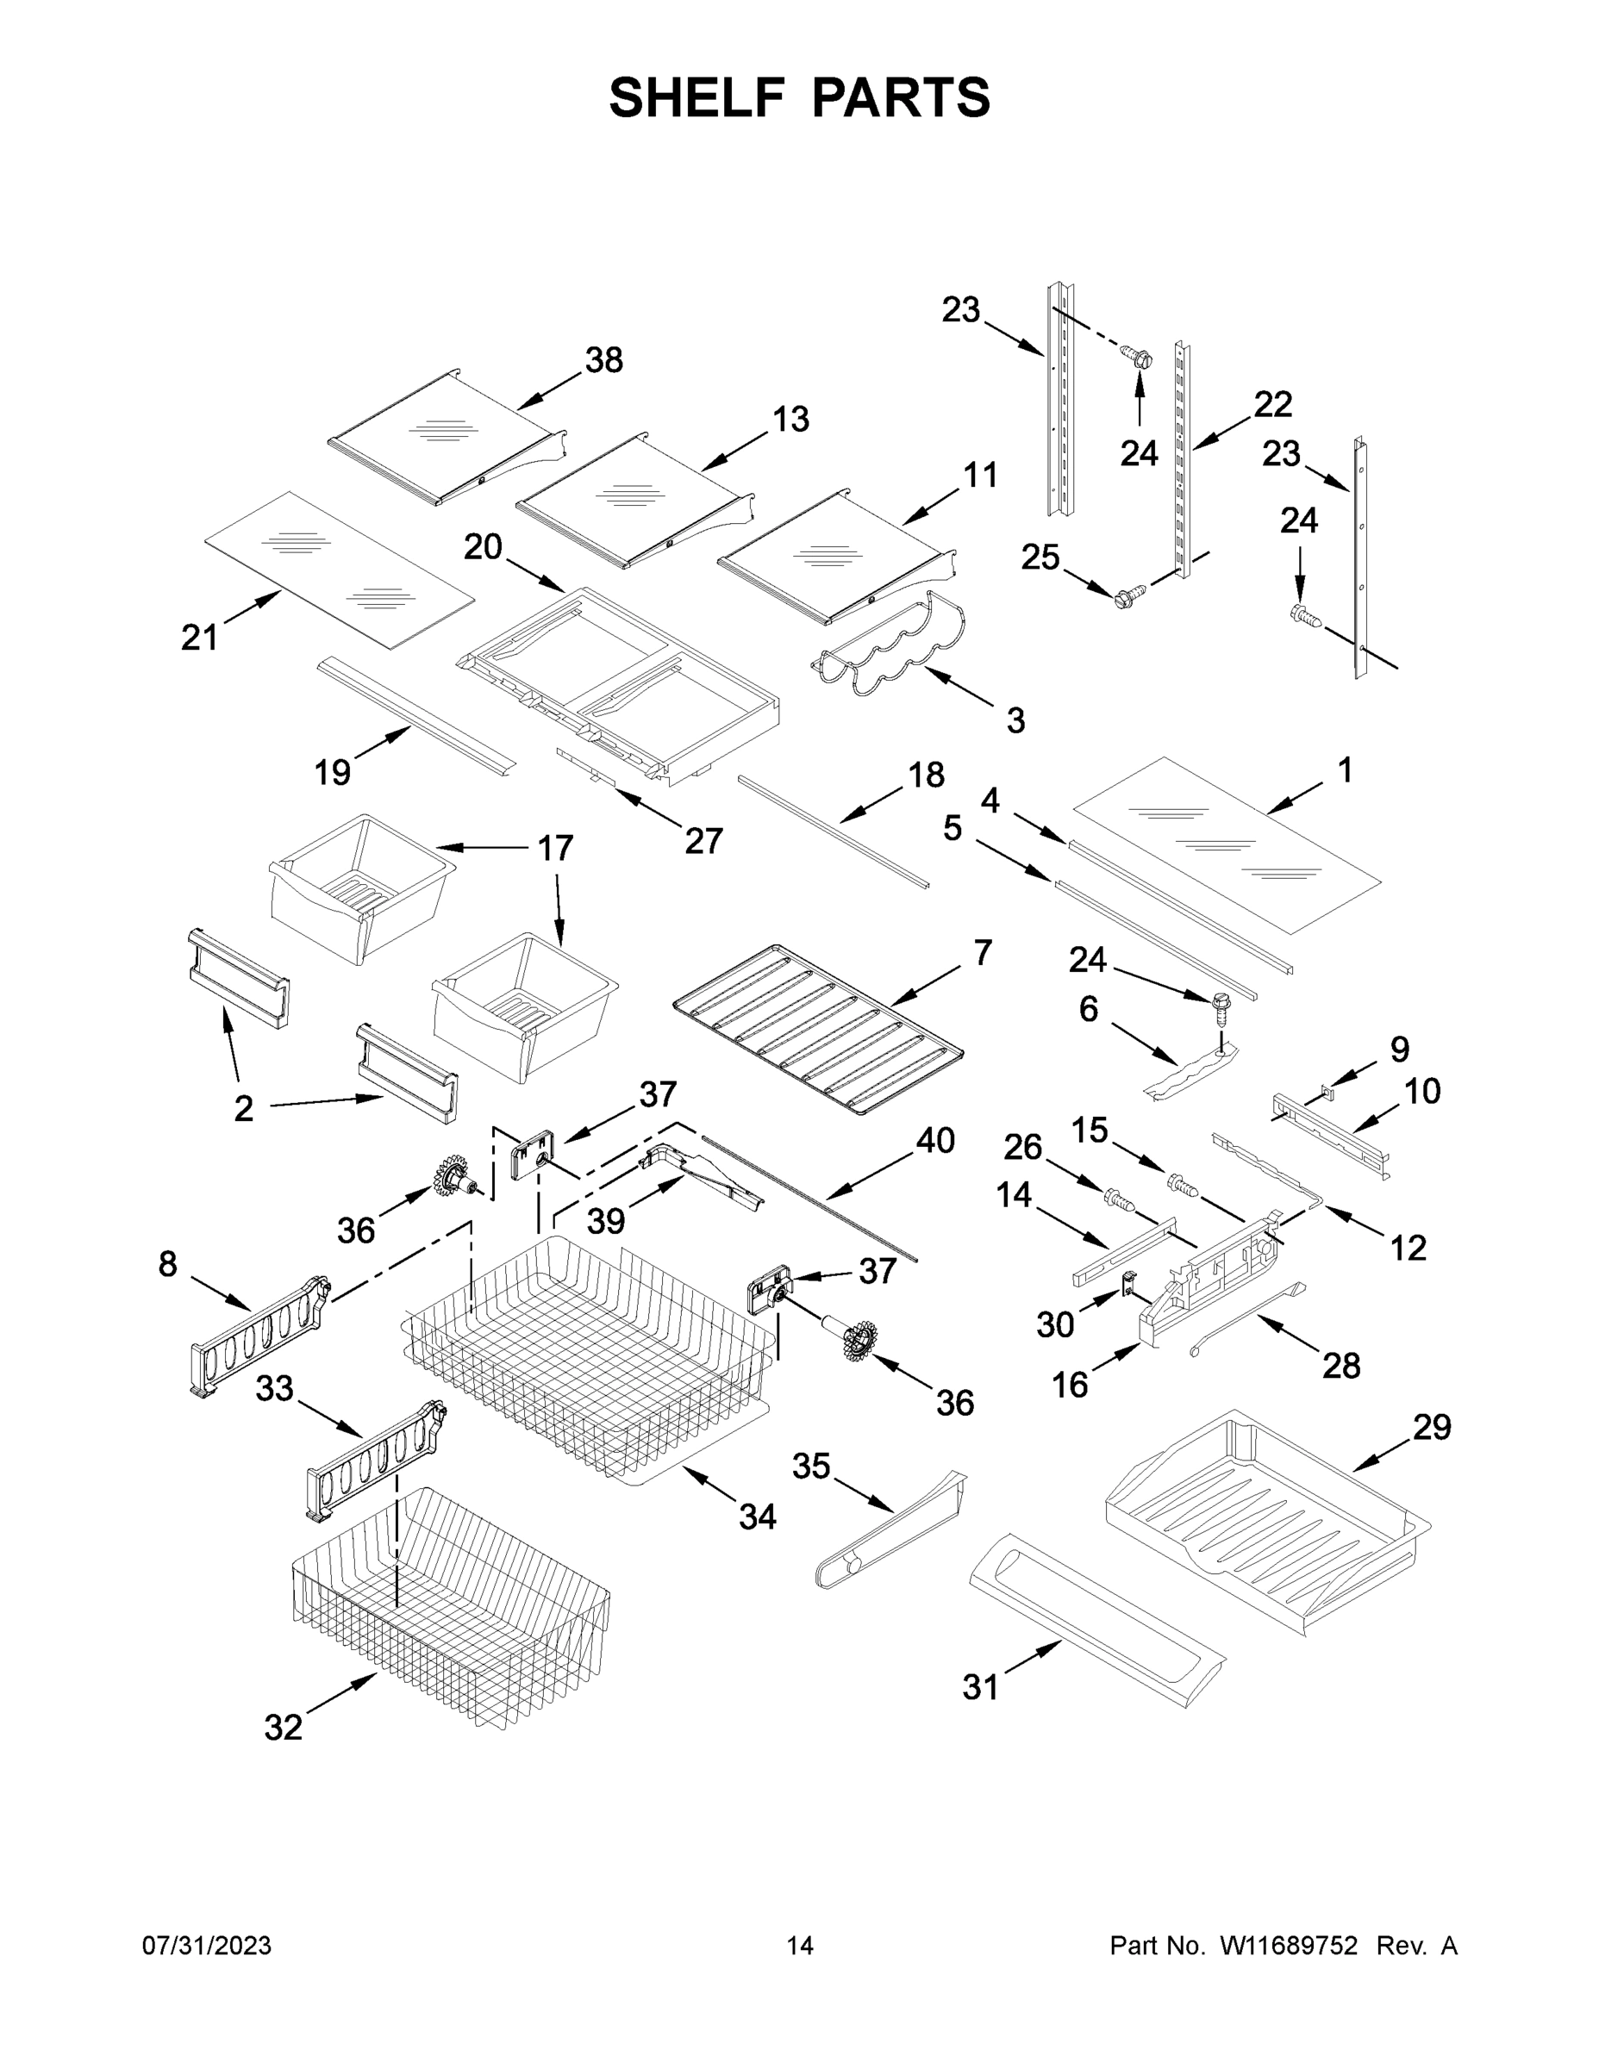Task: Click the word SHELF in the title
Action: [x=697, y=97]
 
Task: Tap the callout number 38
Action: [x=603, y=360]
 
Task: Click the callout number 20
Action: [x=482, y=546]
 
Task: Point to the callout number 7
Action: [x=983, y=951]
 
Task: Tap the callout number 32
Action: [x=284, y=1727]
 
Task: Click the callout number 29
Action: [x=1431, y=1426]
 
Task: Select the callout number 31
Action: [x=980, y=1686]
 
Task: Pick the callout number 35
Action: [x=811, y=1466]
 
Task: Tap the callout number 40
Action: [x=935, y=1140]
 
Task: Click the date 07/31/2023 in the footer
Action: [x=207, y=1946]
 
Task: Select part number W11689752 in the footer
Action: [x=1289, y=1946]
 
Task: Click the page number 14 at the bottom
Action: [x=800, y=1946]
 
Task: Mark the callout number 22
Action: [x=1272, y=404]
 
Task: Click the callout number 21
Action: [x=199, y=638]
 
